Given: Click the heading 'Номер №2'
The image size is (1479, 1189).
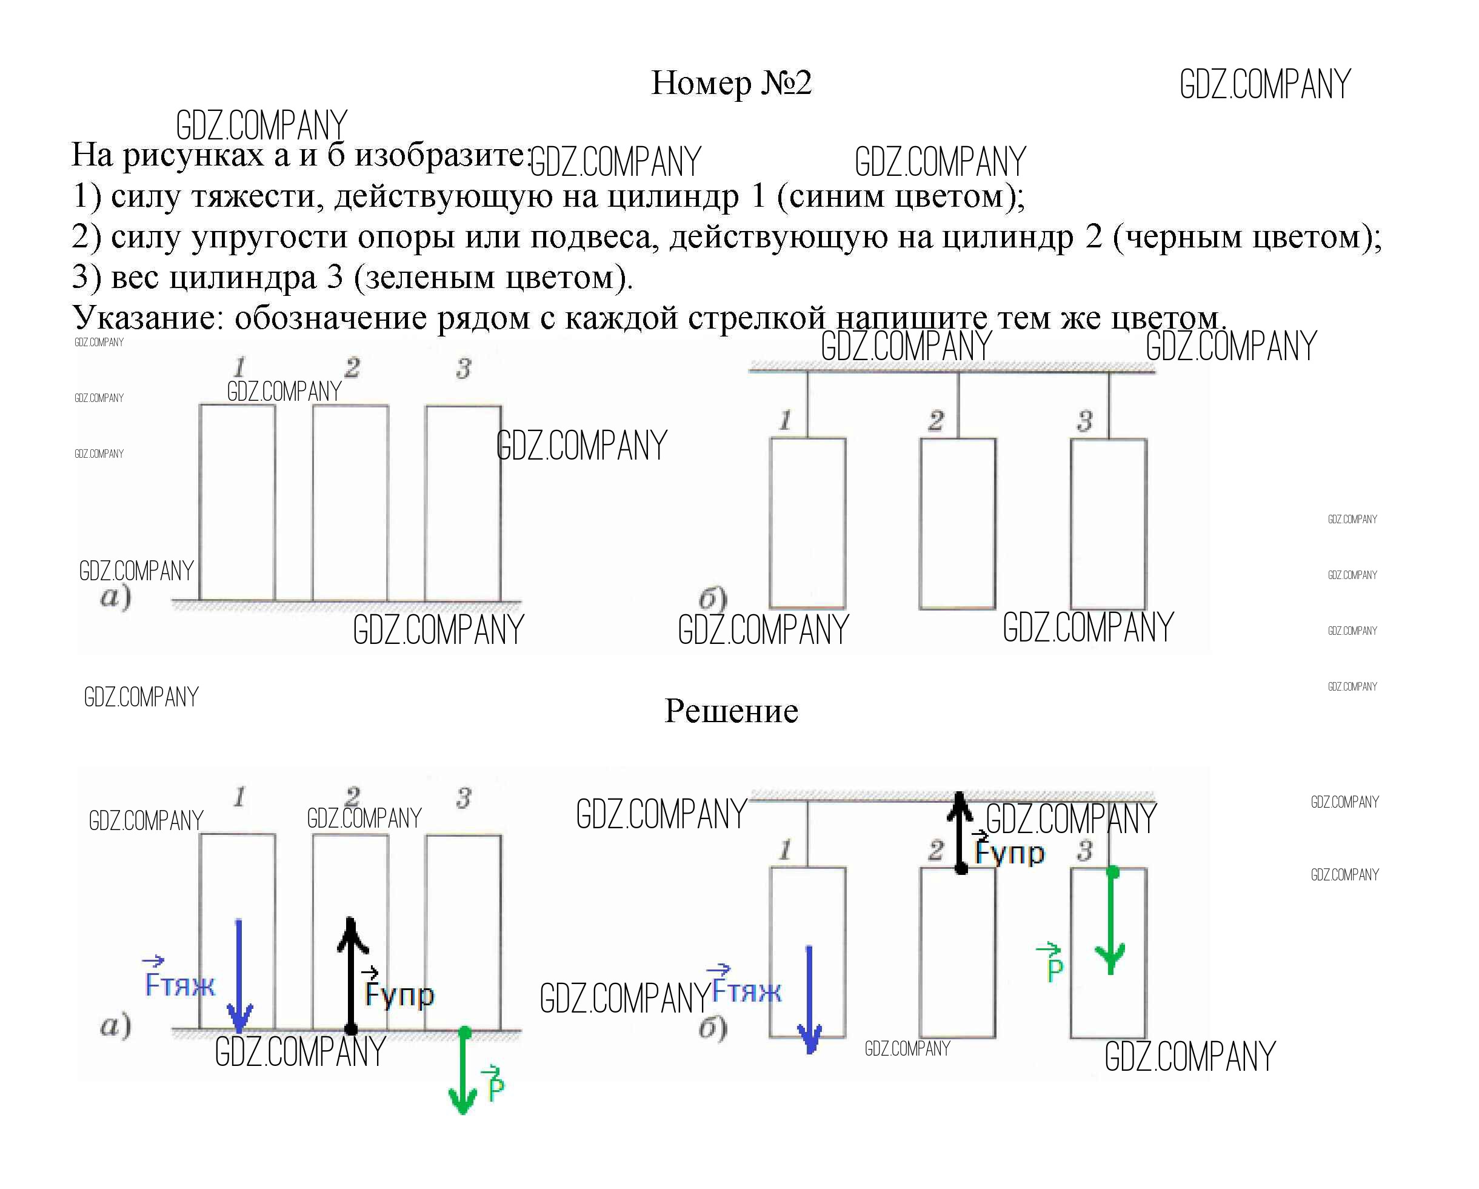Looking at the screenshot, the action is (x=731, y=83).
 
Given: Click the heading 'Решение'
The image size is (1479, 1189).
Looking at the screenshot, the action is (x=731, y=711).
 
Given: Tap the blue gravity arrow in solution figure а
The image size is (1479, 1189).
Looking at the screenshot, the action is (x=239, y=976).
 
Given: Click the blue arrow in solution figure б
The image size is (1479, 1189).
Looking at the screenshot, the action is (x=809, y=1000).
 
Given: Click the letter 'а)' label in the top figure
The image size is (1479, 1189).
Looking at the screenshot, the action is (x=115, y=597).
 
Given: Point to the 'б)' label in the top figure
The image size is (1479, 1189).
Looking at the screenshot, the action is (x=713, y=598).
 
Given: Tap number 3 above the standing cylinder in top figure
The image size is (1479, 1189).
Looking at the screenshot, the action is (x=464, y=369).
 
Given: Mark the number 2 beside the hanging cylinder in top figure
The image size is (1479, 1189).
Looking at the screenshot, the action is (x=936, y=420).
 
